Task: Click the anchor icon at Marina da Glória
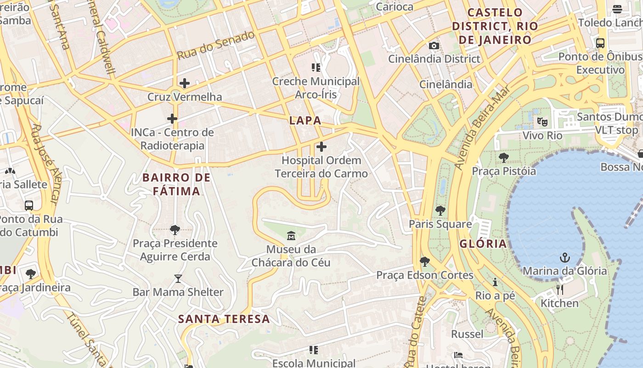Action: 564,258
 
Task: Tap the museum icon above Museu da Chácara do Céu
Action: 291,236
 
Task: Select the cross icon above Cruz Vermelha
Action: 184,83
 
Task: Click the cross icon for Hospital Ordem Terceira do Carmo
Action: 321,147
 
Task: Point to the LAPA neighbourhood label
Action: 305,121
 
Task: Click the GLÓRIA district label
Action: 483,244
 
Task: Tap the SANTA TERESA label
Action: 224,319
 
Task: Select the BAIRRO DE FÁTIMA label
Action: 176,184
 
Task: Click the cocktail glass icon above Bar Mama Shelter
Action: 178,279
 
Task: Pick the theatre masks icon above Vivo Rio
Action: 542,122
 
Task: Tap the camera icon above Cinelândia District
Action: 434,46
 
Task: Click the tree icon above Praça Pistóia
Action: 503,158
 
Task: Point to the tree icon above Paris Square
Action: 440,211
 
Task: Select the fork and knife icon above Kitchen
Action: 559,290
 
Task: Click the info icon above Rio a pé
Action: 495,282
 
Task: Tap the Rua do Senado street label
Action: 215,45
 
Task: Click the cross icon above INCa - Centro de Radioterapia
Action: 172,119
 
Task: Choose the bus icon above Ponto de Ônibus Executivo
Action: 600,43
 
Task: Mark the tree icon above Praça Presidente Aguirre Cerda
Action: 175,230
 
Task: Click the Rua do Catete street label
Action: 415,331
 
